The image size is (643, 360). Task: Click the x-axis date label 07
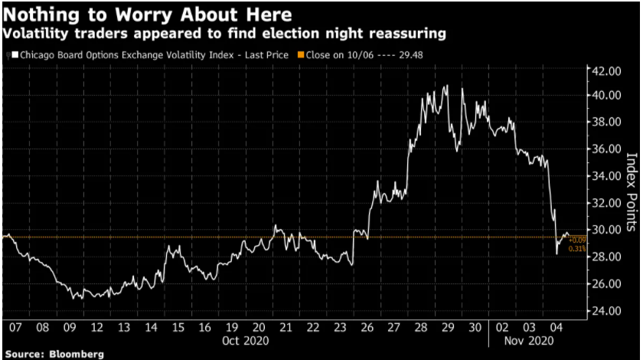tap(15, 328)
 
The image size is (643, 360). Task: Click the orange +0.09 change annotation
tap(578, 240)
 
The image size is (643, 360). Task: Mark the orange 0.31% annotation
tap(578, 247)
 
